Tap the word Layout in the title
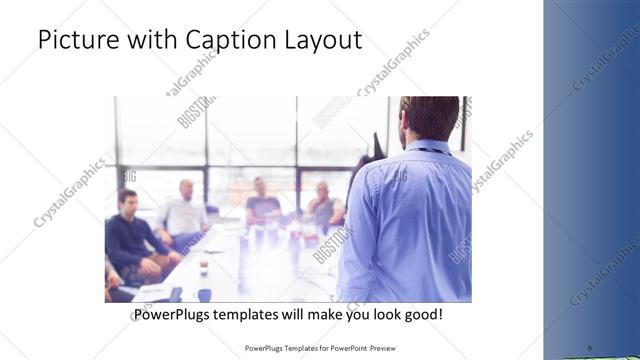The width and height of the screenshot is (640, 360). pos(318,41)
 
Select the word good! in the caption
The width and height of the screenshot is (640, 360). pos(421,314)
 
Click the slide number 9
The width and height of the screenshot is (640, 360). pos(589,347)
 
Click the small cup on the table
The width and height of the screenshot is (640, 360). pos(204,264)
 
